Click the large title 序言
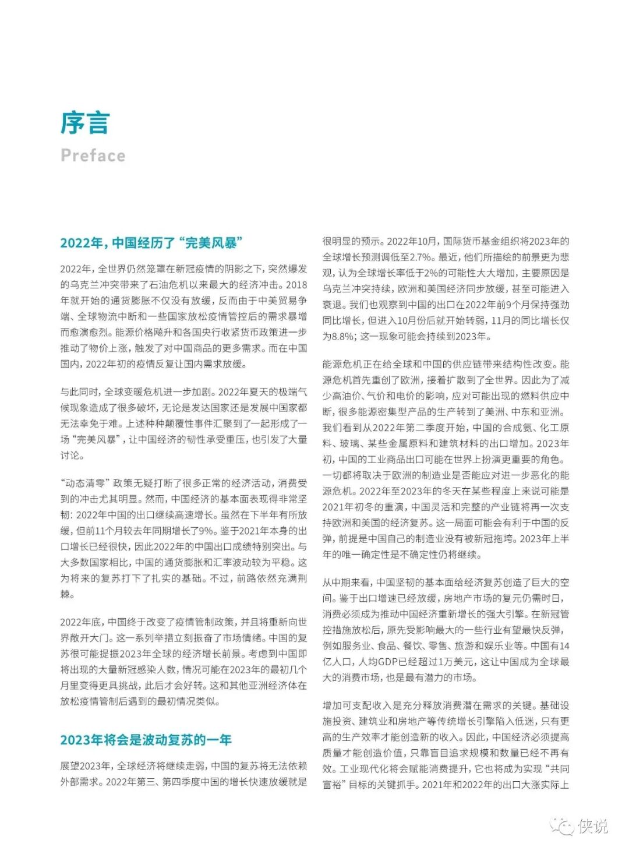point(85,123)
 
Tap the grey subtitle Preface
point(93,156)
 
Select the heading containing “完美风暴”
point(151,243)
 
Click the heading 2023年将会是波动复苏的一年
point(146,740)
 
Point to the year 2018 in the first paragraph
point(296,285)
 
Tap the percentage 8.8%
point(343,336)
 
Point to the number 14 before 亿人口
point(564,645)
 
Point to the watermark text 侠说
point(592,826)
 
